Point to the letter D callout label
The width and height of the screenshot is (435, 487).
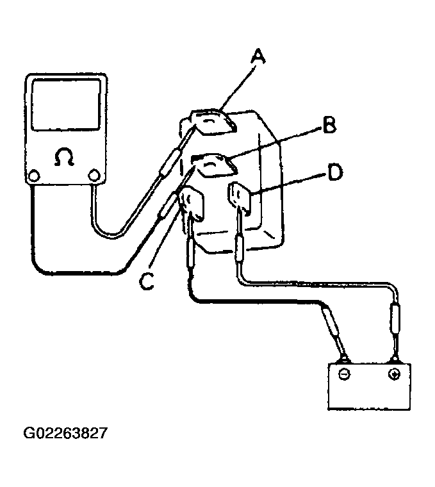coord(335,172)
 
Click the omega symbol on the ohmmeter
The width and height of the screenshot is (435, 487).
coord(64,158)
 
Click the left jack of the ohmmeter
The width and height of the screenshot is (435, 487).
coord(35,175)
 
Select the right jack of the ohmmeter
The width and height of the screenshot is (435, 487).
coord(94,175)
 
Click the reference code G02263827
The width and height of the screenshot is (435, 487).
coord(66,434)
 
